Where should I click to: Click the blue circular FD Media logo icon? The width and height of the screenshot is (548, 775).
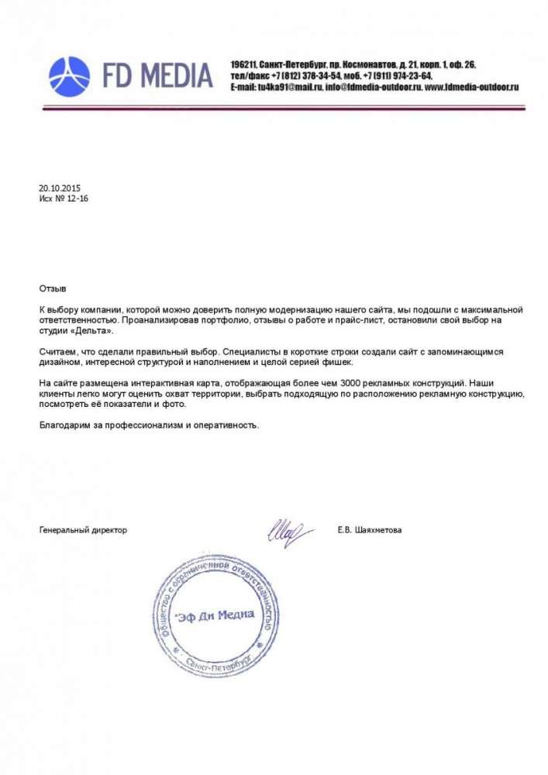click(70, 76)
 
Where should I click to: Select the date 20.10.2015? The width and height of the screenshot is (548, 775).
click(60, 188)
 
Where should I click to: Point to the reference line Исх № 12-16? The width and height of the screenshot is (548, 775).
click(64, 198)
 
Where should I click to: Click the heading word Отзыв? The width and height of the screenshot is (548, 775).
click(53, 288)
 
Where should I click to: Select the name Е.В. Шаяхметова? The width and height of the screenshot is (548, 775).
click(370, 530)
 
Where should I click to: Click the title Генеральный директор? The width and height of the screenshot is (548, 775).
click(83, 530)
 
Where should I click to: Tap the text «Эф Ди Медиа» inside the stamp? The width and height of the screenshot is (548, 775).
click(215, 615)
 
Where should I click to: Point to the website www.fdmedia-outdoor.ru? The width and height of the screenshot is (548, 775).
click(472, 88)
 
